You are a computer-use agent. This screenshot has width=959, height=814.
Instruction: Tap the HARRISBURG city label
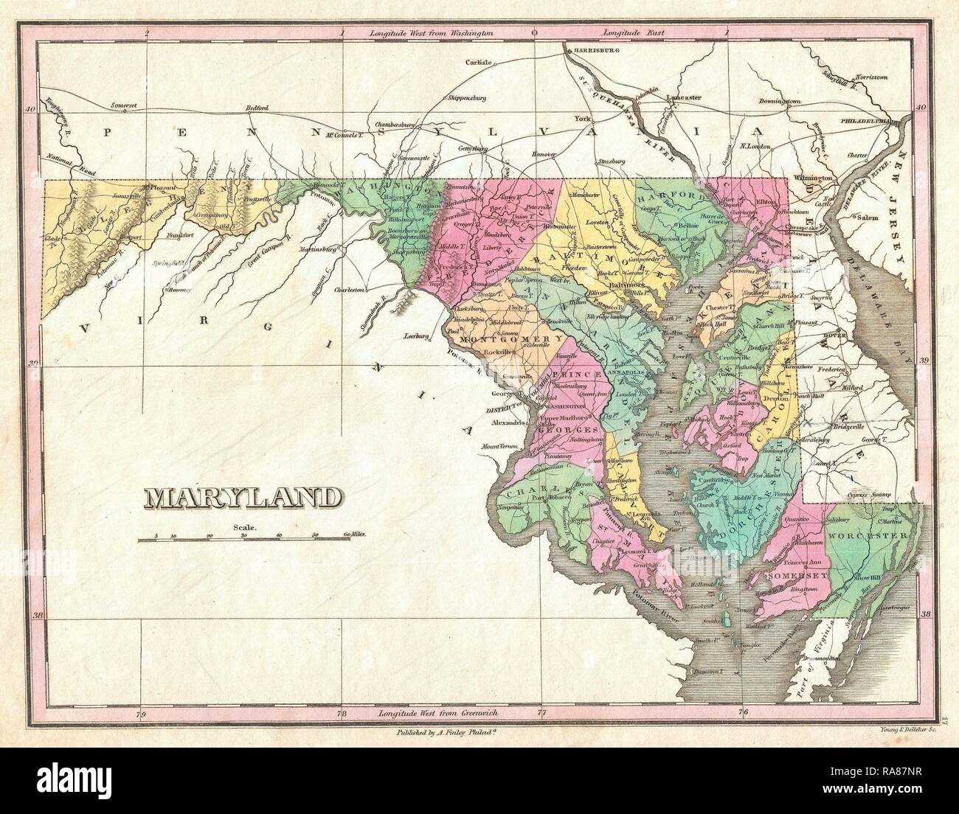click(x=592, y=52)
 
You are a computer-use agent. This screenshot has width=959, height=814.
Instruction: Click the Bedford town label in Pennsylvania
click(x=258, y=108)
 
